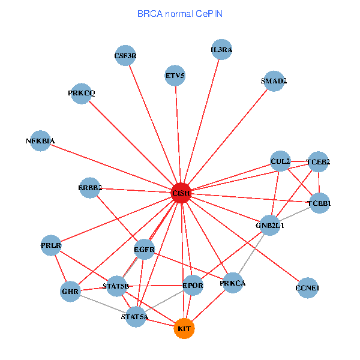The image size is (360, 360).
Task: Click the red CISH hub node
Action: (181, 193)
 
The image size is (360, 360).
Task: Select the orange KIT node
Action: (185, 329)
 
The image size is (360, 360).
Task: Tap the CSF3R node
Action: (125, 56)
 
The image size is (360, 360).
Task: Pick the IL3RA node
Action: (221, 50)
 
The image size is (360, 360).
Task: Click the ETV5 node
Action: (175, 76)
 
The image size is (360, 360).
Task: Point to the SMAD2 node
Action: (274, 81)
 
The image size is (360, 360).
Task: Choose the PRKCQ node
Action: (81, 93)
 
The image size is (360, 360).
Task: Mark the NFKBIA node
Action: (40, 141)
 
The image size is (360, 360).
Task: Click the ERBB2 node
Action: (90, 188)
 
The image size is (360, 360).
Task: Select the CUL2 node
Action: (280, 161)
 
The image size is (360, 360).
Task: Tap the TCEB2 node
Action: (318, 161)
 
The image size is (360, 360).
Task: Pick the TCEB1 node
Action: (319, 203)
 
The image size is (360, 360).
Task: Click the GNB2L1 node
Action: (270, 226)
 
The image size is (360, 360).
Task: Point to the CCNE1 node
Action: (307, 288)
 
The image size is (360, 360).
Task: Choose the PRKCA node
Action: (232, 283)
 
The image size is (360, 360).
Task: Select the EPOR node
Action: (193, 286)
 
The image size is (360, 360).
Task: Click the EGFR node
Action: (144, 248)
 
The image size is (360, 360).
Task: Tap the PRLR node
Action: (52, 245)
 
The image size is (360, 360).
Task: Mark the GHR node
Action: (70, 292)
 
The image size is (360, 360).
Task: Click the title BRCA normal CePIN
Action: (180, 13)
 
